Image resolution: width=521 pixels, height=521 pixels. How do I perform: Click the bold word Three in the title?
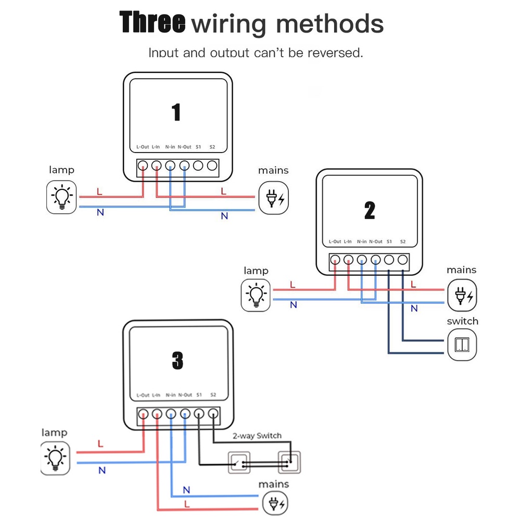152,22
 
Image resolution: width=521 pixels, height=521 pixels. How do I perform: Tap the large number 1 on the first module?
176,112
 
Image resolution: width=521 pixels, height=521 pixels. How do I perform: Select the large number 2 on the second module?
370,210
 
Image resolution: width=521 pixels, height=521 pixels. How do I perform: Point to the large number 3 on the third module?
178,361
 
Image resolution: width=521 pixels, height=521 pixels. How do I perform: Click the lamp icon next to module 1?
61,197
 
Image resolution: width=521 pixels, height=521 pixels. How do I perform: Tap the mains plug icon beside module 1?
273,198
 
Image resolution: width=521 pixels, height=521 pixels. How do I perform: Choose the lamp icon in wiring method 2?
256,295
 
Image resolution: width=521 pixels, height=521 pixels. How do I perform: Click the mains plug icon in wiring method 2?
462,295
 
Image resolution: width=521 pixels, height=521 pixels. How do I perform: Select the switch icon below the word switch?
462,345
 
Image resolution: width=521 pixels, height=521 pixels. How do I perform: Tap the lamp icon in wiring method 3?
55,458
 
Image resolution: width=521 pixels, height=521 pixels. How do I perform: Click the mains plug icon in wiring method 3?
275,503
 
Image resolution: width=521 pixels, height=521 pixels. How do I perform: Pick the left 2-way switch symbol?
239,462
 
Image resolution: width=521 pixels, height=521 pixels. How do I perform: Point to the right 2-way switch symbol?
289,462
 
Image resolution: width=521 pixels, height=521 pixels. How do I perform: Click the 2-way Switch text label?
257,436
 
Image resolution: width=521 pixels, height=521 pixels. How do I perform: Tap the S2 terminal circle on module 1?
212,166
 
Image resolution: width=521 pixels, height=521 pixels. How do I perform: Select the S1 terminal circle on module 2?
389,260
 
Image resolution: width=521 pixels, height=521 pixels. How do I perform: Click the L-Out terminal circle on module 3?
143,414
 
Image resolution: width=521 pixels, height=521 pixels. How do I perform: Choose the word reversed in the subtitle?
335,53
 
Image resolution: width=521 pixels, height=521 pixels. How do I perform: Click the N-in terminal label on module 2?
362,242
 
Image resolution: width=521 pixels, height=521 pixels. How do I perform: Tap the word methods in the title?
330,23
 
